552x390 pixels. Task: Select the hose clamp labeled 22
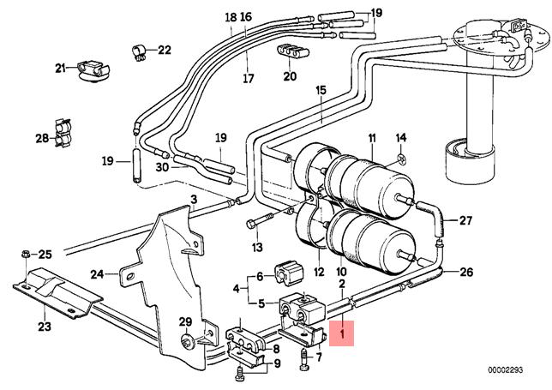click(138, 50)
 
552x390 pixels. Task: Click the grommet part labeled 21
click(90, 69)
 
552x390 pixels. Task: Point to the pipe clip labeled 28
click(61, 133)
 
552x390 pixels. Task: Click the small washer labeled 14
click(399, 159)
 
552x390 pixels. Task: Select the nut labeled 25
click(26, 254)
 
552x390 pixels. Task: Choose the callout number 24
click(98, 274)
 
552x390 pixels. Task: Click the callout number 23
click(44, 325)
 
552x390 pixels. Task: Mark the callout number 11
click(372, 138)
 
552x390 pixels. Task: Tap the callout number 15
click(321, 90)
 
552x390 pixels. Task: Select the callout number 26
click(465, 273)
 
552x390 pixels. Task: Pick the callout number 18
click(229, 16)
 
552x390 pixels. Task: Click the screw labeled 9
click(237, 371)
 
